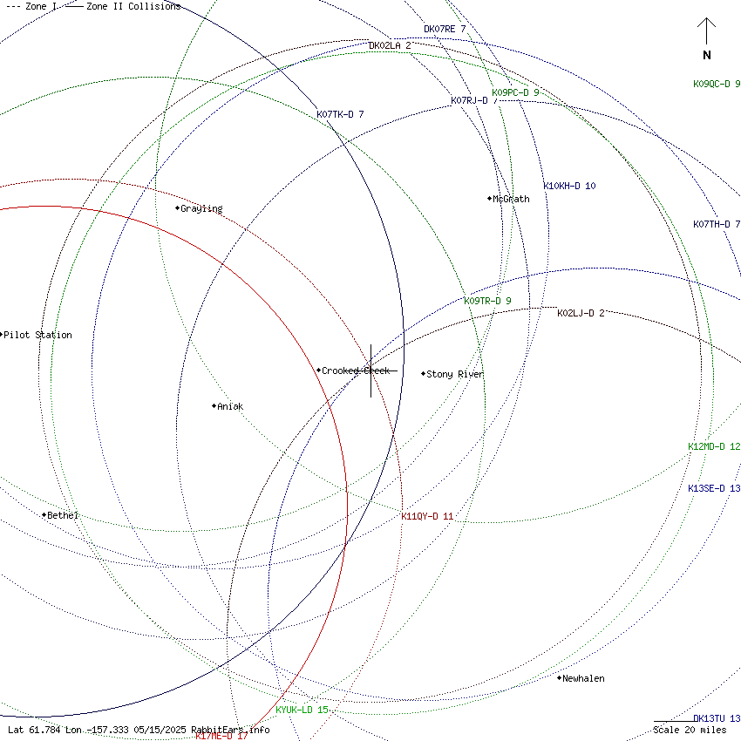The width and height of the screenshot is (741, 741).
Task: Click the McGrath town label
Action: pos(511,199)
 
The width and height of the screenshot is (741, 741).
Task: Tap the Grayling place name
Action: pos(201,209)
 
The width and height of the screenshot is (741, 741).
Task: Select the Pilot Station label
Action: pos(38,335)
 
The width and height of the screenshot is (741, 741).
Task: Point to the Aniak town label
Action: pos(231,406)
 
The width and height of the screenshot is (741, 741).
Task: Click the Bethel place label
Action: pos(63,515)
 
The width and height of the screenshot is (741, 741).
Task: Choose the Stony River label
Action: pos(455,374)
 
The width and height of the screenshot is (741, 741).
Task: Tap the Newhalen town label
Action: pos(583,678)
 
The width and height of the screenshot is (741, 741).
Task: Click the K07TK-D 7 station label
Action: pos(340,114)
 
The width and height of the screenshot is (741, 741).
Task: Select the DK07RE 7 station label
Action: pos(445,29)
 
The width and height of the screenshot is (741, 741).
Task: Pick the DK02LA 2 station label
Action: pos(390,45)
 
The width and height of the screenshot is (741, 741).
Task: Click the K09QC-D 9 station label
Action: pos(717,84)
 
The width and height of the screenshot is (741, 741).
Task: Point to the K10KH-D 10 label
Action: pos(569,186)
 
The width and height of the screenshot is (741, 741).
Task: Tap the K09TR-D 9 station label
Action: pos(487,301)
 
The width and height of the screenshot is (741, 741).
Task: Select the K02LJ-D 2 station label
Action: pos(581,313)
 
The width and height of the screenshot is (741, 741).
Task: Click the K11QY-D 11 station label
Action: pos(427,516)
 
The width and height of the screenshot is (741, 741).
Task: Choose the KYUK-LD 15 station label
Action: pos(302,710)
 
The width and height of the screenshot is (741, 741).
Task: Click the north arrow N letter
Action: pos(707,55)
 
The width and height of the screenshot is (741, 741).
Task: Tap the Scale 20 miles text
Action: pos(690,730)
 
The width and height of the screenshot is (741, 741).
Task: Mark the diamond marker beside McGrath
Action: pos(489,199)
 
